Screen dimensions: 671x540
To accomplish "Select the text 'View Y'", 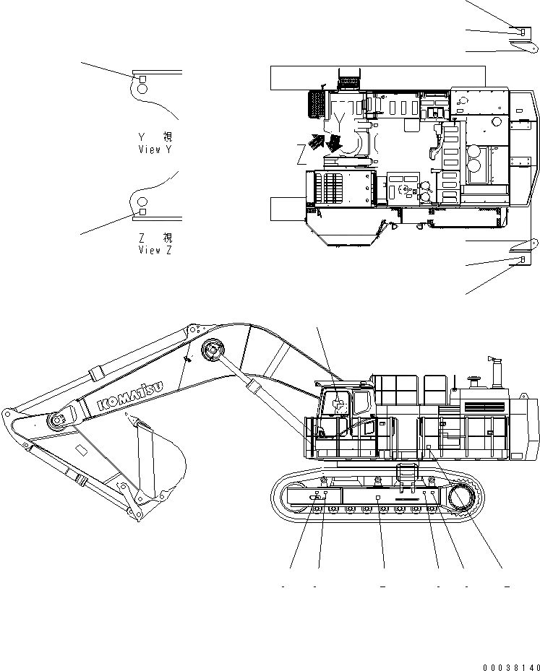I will pos(155,150).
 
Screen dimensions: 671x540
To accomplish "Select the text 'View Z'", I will pos(155,250).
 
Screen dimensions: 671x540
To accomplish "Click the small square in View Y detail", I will pos(142,79).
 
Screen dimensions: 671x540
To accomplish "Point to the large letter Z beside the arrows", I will pos(301,154).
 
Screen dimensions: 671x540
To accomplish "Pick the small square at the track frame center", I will pos(378,498).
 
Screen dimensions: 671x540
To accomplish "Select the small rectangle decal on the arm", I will pos(82,451).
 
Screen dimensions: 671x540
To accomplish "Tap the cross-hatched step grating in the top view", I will pos(317,105).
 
